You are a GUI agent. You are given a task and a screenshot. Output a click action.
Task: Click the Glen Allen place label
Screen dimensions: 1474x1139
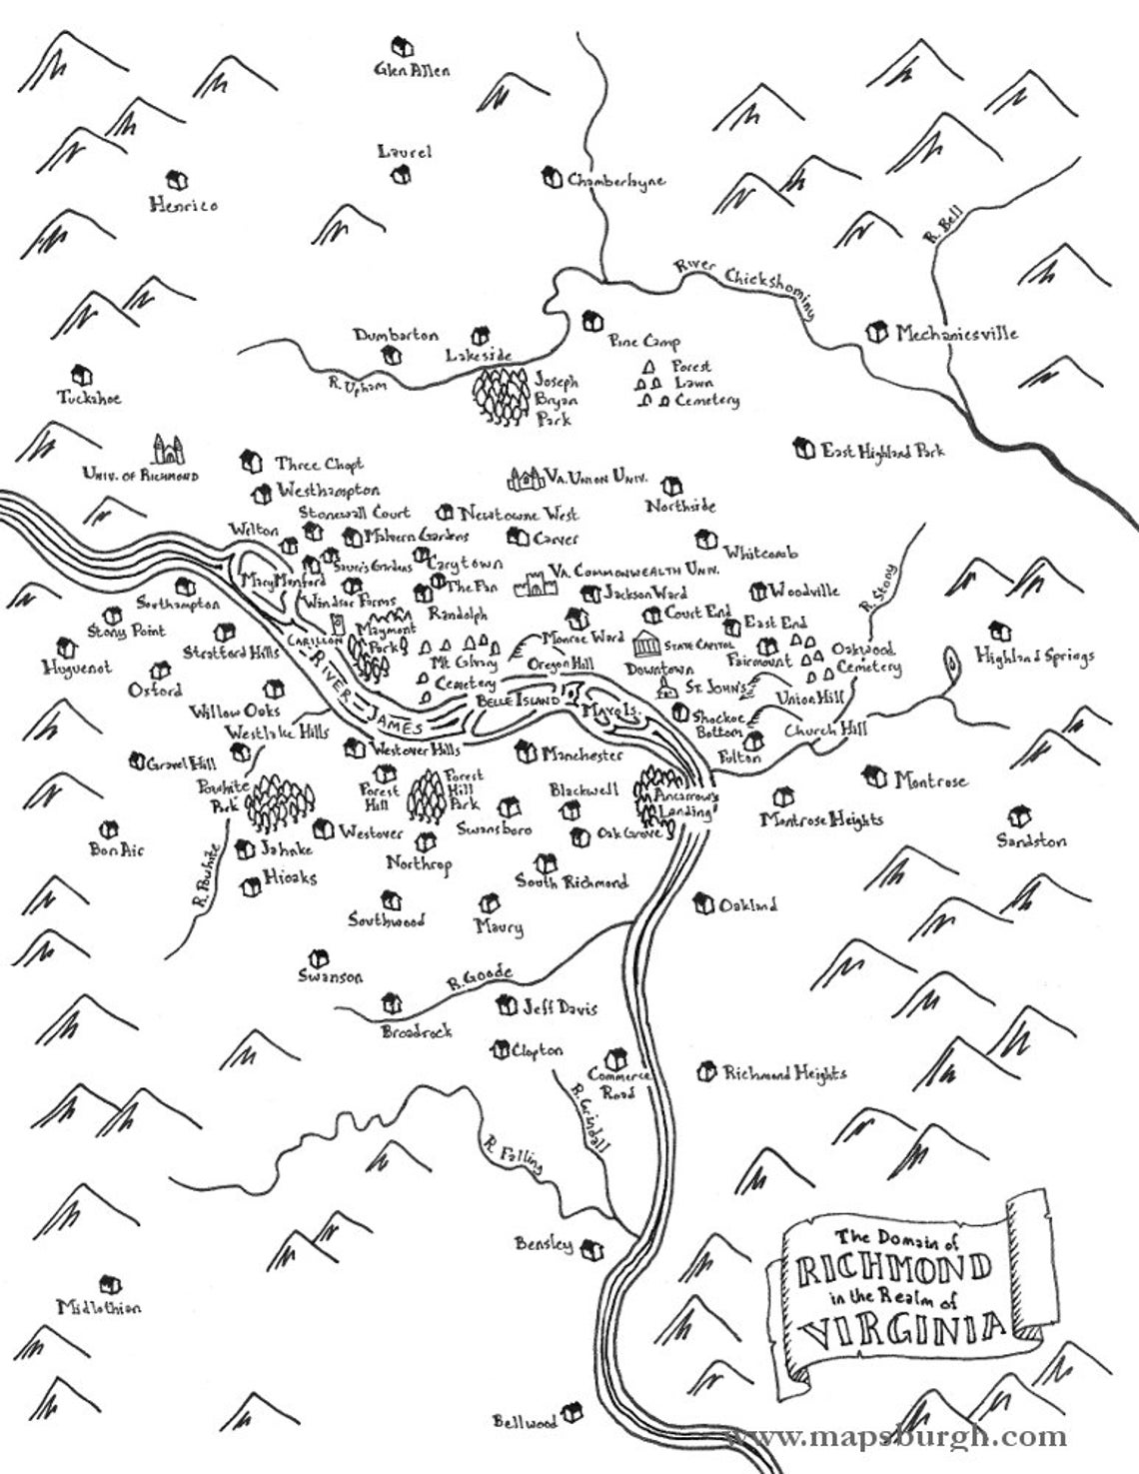pos(412,71)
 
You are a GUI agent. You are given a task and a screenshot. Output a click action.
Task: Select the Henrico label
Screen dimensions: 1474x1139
pos(184,205)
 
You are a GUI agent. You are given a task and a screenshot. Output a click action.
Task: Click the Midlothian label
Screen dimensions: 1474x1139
pos(99,1307)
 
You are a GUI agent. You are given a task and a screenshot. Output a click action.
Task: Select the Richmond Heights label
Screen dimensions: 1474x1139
pos(784,1073)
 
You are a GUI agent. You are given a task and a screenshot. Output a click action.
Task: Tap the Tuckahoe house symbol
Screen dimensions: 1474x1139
pos(85,375)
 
